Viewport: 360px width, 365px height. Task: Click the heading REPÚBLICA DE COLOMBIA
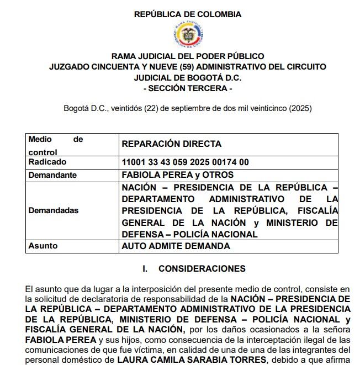tap(187, 15)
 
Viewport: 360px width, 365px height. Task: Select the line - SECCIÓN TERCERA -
tap(187, 88)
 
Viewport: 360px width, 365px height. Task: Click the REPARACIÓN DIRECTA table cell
tap(171, 144)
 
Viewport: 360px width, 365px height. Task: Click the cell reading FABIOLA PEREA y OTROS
tap(177, 174)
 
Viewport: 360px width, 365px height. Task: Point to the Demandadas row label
tap(53, 210)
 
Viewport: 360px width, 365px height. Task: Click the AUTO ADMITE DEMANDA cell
tap(176, 246)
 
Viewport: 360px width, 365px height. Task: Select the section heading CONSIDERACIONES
tap(202, 269)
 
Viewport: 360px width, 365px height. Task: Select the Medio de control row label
tap(55, 145)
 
